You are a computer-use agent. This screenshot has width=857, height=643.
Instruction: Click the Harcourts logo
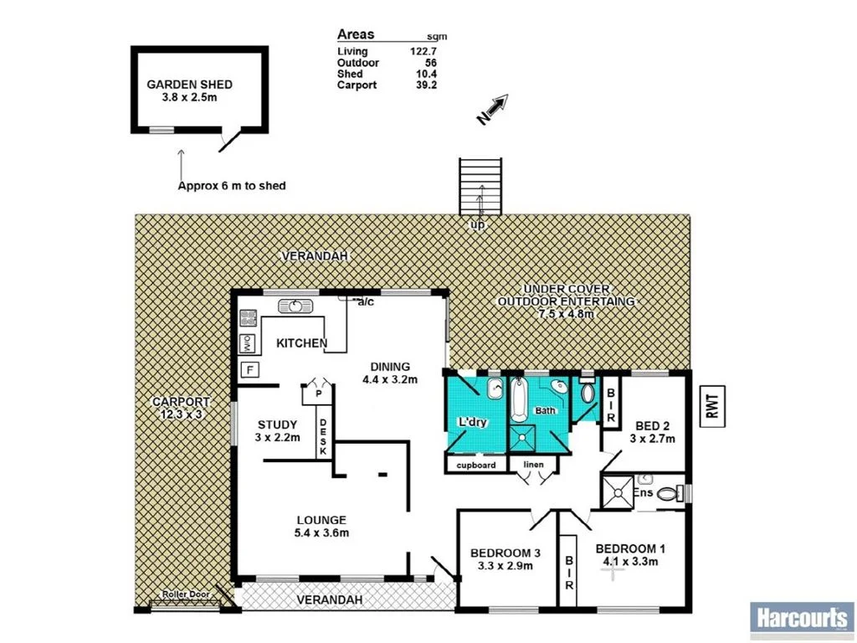click(801, 620)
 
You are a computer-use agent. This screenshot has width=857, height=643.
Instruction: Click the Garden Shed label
click(189, 85)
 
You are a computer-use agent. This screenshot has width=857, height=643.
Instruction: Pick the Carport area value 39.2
click(426, 85)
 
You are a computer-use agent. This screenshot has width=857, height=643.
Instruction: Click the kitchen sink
click(295, 306)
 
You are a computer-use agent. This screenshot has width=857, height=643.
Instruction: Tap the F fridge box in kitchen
click(248, 369)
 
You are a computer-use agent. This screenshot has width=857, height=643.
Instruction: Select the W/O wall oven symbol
click(247, 342)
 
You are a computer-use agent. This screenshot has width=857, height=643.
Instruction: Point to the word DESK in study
click(323, 435)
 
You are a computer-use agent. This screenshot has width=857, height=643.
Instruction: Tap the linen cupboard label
click(533, 464)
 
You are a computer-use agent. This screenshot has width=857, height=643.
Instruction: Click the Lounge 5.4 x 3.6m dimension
click(321, 532)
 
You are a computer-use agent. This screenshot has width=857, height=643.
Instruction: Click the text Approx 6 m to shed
click(232, 186)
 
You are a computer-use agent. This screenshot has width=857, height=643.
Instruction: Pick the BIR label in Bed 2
click(611, 404)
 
